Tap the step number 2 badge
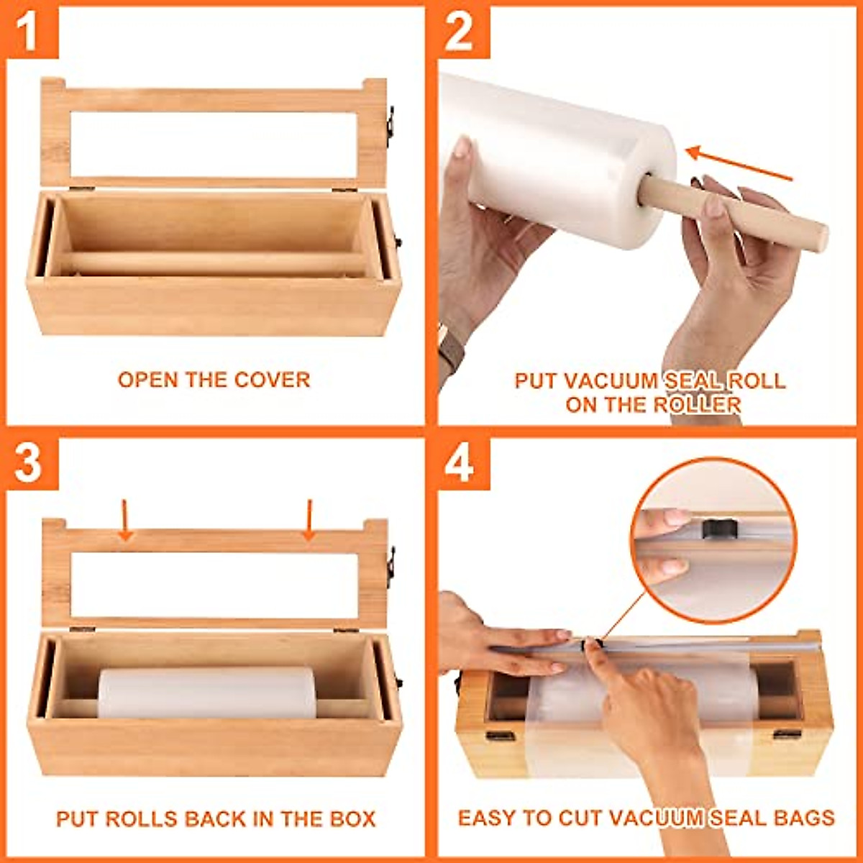click(460, 32)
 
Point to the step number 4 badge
click(460, 463)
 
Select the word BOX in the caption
click(352, 818)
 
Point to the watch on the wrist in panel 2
click(449, 352)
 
